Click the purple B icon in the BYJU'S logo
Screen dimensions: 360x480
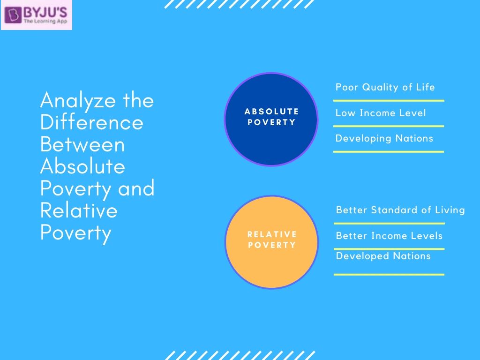[13, 15]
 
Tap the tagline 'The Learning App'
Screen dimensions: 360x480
[46, 21]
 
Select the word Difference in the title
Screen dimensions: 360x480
[92, 122]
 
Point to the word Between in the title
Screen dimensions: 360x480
[82, 144]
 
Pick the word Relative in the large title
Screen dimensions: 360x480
[79, 210]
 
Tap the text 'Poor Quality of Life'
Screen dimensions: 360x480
[385, 87]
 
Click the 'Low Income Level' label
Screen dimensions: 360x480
[381, 113]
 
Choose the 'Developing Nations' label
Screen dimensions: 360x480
[384, 138]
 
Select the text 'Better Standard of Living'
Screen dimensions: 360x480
[400, 210]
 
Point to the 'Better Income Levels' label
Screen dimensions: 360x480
[389, 236]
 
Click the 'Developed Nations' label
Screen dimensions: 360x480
[383, 256]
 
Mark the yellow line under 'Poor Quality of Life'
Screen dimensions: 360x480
[389, 100]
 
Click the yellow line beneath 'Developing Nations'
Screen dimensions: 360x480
[389, 151]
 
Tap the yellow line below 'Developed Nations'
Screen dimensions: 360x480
[389, 274]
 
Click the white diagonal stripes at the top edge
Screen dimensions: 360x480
[240, 4]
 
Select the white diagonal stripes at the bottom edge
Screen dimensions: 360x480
[240, 355]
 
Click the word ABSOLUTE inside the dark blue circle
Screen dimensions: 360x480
[271, 112]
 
